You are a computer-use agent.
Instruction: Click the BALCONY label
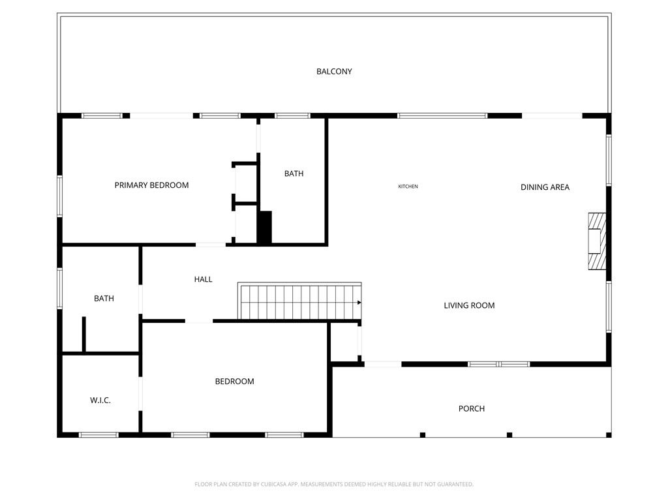click(x=334, y=71)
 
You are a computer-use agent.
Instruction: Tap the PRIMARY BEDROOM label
click(x=151, y=185)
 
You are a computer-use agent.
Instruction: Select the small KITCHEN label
click(x=408, y=187)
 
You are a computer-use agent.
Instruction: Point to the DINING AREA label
click(x=545, y=187)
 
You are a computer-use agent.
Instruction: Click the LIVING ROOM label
click(x=469, y=305)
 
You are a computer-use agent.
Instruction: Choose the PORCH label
click(x=471, y=409)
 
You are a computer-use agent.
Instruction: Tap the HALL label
click(x=203, y=279)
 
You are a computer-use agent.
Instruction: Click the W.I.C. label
click(x=100, y=400)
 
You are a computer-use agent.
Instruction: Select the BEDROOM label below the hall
click(x=234, y=382)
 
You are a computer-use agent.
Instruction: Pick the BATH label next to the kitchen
click(x=294, y=174)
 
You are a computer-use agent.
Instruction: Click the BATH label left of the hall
click(x=104, y=299)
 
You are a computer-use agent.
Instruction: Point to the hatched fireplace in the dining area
click(x=596, y=241)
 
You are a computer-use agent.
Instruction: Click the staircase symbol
click(x=299, y=302)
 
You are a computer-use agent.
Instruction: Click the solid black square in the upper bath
click(x=264, y=227)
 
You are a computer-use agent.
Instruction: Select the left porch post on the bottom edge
click(x=423, y=434)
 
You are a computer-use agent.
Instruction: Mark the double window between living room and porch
click(x=499, y=364)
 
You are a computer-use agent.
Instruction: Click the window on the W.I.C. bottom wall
click(x=99, y=434)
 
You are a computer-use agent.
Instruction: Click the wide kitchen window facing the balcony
click(x=442, y=115)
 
